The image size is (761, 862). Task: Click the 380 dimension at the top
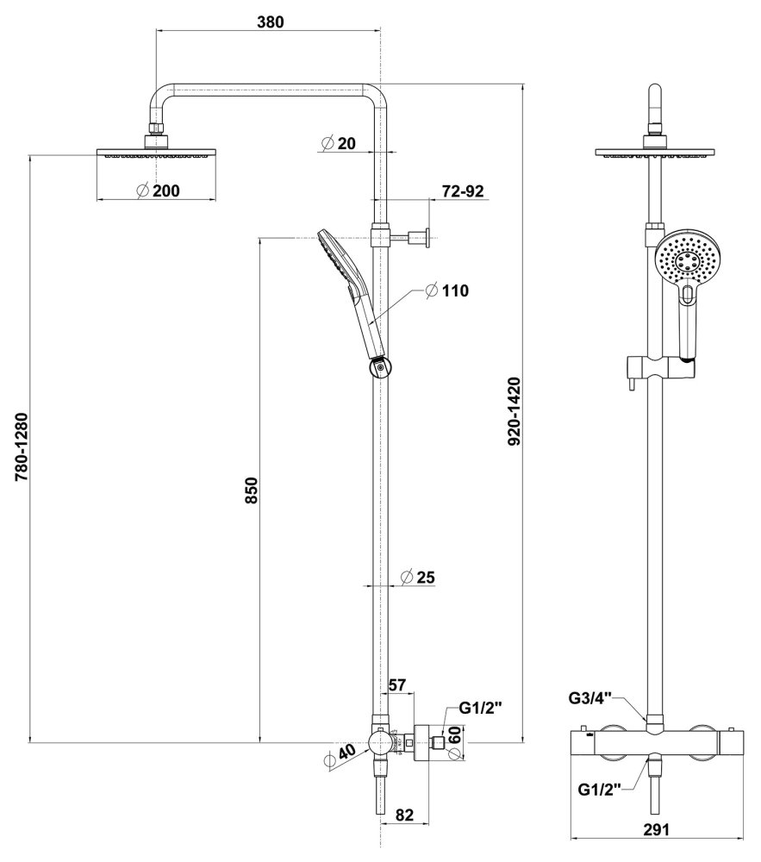point(271,22)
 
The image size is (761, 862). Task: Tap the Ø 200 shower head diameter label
point(158,191)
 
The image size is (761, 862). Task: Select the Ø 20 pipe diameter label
point(339,143)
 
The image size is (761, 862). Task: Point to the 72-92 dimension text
point(463,191)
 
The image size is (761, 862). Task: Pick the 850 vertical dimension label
point(251,490)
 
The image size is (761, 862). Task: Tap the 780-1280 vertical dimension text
point(22,447)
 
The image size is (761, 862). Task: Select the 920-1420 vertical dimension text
point(514,412)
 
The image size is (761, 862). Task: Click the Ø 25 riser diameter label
point(418,577)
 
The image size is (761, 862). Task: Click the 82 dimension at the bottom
point(404,815)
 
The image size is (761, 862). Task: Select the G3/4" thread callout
point(589,698)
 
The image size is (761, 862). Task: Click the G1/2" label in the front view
point(599,790)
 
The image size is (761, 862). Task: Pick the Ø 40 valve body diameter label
point(339,756)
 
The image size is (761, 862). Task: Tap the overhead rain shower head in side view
point(158,153)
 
